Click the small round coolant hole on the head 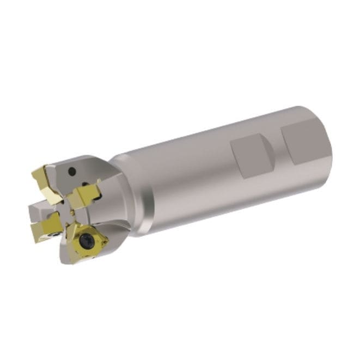point(72,171)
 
